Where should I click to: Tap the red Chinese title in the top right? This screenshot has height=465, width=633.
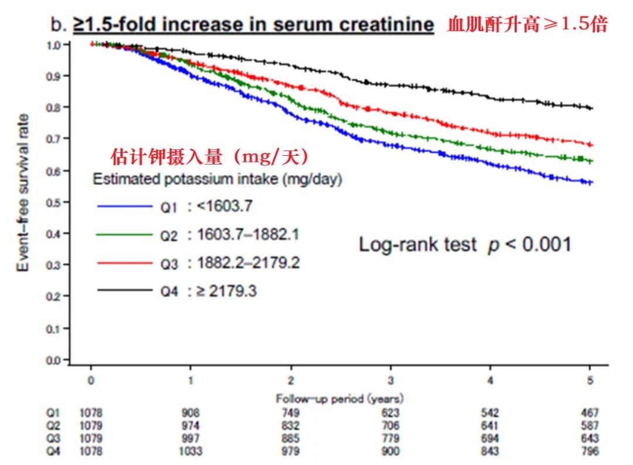point(527,25)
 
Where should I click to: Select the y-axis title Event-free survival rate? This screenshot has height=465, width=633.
point(23,193)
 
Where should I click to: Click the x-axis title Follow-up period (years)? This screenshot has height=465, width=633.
point(340,399)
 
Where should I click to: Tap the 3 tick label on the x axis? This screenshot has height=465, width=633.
point(390,381)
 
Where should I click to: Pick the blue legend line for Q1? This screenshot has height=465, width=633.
point(124,206)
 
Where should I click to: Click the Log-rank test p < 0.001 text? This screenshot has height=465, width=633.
point(464,244)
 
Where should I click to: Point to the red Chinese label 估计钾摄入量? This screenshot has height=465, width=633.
point(209,158)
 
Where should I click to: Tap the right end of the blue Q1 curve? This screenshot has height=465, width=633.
point(591,183)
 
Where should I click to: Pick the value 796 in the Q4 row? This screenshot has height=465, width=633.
point(590,451)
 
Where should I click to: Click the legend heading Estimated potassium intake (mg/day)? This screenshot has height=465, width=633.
point(217,179)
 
